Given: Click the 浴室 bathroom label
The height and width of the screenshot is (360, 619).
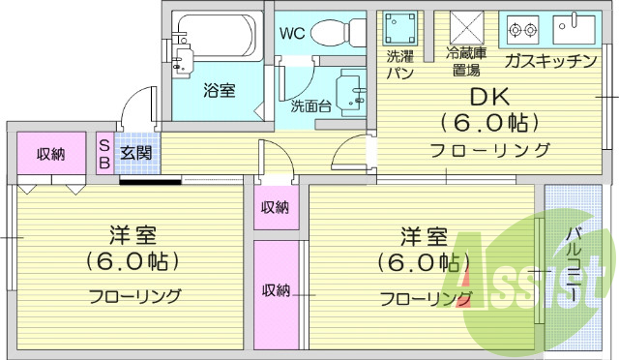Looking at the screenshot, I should click(219, 91).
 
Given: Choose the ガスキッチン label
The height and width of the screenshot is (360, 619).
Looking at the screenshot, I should click(549, 61).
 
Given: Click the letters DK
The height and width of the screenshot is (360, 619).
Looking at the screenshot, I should click(489, 97).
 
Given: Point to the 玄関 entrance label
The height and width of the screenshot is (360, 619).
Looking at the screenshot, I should click(134, 152).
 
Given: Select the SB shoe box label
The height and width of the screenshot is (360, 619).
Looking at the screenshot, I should click(104, 152).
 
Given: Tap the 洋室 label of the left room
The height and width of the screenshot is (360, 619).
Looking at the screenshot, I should click(133, 235).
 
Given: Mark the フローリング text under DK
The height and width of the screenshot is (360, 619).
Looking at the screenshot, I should click(489, 150).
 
